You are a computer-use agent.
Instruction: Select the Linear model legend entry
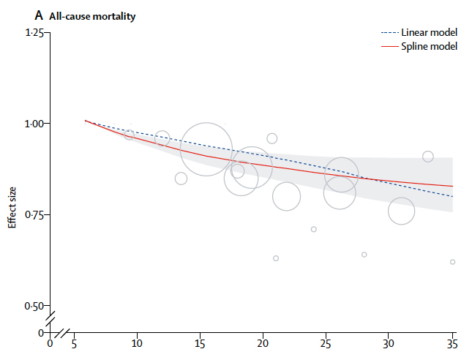coord(430,33)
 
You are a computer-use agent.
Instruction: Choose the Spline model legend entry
coord(430,46)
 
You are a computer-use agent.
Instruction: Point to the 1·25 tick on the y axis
coord(34,33)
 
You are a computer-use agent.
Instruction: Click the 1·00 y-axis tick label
coord(34,124)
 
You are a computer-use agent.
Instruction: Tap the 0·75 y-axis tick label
coord(34,214)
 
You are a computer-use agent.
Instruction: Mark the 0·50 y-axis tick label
coord(34,306)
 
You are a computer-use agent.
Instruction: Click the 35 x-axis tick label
coord(452,342)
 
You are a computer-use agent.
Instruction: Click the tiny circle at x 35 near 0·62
coord(453,262)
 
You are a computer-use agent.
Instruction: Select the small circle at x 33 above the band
coord(428,157)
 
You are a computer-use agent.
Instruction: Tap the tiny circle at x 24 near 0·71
coord(314,229)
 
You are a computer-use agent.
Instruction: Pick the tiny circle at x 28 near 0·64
coord(364,255)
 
